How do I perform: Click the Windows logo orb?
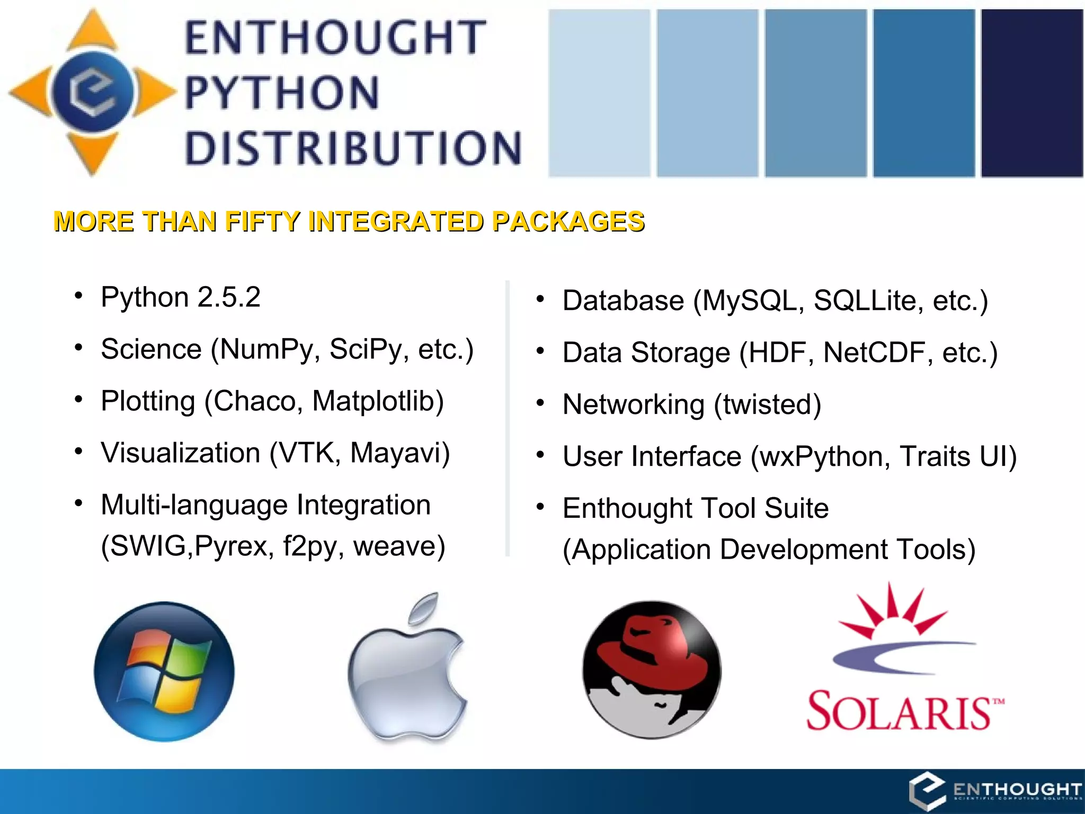tap(164, 671)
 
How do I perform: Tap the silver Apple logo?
tap(407, 673)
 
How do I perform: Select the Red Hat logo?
tap(652, 670)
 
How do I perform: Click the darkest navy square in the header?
tap(1031, 93)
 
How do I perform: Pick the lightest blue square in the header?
tap(599, 93)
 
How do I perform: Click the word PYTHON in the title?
tap(282, 93)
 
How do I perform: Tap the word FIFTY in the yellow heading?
tap(262, 222)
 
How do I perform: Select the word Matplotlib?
tap(378, 401)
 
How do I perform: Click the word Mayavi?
tap(400, 453)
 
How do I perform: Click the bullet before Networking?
tap(540, 403)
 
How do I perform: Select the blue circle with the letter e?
tap(93, 92)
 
